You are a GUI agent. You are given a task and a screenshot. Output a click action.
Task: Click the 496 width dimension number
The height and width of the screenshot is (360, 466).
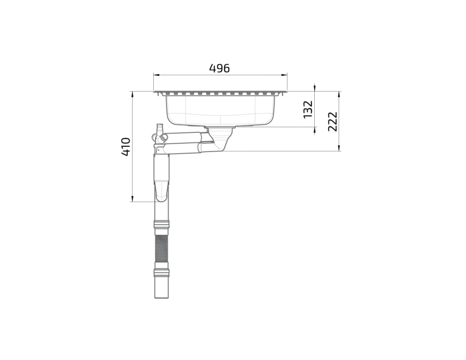pos(220,69)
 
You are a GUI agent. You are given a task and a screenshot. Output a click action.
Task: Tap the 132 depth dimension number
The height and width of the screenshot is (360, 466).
pos(308,109)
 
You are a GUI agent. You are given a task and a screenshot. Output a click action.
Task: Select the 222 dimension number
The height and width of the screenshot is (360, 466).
pos(333,122)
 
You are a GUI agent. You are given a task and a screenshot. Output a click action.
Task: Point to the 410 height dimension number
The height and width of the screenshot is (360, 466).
pos(126,146)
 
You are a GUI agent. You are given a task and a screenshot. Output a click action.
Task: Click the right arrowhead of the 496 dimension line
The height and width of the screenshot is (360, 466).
pos(284,75)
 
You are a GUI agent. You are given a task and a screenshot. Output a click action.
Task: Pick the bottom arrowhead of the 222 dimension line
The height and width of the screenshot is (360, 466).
pos(339,148)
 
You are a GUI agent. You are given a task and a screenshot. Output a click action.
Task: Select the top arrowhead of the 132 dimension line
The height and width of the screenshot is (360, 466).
pos(315,88)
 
